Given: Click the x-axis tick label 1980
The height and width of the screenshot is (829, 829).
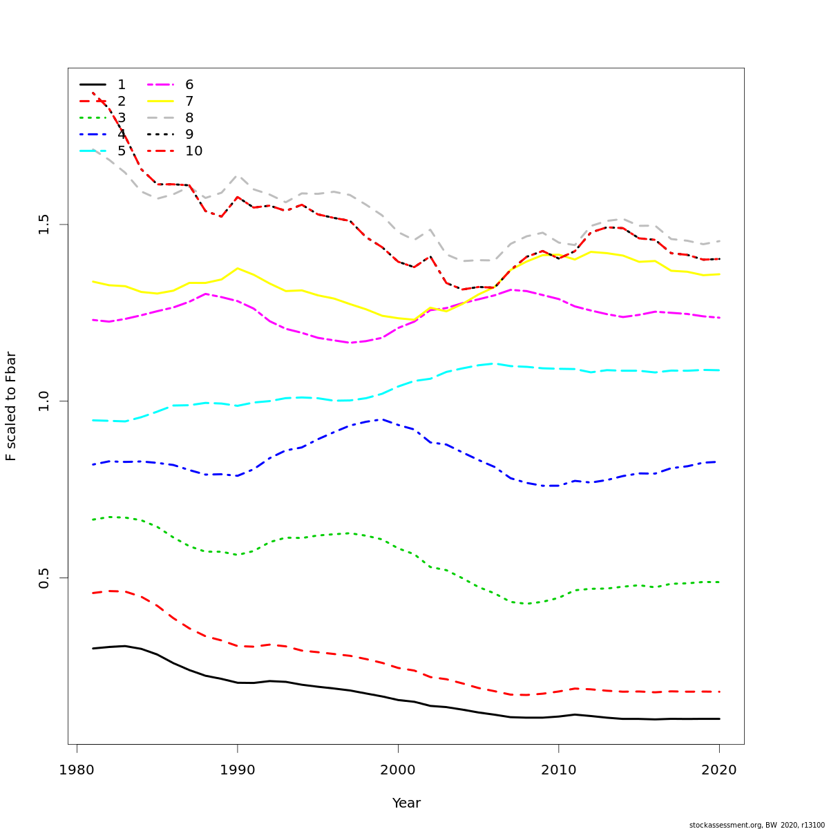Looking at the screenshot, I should click(x=77, y=770).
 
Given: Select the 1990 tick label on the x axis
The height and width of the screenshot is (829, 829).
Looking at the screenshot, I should click(x=237, y=770).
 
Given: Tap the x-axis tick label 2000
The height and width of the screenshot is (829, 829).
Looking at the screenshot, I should click(x=398, y=770).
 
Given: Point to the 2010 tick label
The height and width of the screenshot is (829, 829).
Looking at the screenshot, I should click(x=558, y=770).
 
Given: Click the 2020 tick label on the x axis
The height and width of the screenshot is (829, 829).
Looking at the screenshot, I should click(x=719, y=770).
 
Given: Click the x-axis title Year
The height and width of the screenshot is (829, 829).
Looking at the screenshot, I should click(x=406, y=803).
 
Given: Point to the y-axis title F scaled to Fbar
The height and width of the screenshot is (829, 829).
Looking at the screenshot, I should click(x=11, y=406).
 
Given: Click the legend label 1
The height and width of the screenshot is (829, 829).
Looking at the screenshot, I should click(x=122, y=85).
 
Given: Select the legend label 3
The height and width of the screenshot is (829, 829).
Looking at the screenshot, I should click(x=122, y=118).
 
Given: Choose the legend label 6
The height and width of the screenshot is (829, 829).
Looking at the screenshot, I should click(x=189, y=85).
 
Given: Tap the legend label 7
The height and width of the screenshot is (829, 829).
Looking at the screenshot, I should click(x=189, y=102).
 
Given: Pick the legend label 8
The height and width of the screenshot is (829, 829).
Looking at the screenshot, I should click(x=189, y=118).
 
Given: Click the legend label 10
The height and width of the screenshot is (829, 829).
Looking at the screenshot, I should click(x=193, y=151).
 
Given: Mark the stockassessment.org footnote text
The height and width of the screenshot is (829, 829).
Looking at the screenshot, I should click(x=756, y=825).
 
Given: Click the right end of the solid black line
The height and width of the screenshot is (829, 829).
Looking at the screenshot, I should click(x=719, y=718).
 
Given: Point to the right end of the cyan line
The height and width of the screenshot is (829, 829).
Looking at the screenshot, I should click(x=719, y=370).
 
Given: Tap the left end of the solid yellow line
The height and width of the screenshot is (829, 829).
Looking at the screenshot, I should click(x=93, y=281).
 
